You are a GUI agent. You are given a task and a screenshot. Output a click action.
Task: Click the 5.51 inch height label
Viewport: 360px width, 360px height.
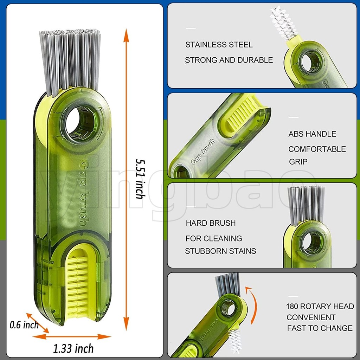coord(140,179)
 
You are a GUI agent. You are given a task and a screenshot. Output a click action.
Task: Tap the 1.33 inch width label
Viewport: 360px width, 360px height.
coord(73,348)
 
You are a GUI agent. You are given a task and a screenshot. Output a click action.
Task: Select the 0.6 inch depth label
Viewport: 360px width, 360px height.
coord(24,325)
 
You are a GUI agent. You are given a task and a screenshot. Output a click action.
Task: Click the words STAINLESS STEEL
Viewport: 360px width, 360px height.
coord(219,45)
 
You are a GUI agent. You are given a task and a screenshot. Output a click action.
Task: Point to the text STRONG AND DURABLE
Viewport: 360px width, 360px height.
coord(229,60)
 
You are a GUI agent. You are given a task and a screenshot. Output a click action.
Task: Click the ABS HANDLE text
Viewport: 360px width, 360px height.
coord(312,134)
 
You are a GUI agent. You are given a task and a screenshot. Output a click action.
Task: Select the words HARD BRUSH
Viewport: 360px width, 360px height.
coord(211,223)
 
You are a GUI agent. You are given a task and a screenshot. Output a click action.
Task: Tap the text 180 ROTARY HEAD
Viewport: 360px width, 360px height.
coord(320,306)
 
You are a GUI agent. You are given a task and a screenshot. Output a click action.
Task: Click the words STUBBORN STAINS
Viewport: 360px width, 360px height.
coord(220,251)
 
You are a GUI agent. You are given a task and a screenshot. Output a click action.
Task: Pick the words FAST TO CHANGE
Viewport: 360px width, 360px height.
coord(320,328)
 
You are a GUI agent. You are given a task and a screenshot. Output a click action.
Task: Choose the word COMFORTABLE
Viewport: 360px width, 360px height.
coord(317,149)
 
